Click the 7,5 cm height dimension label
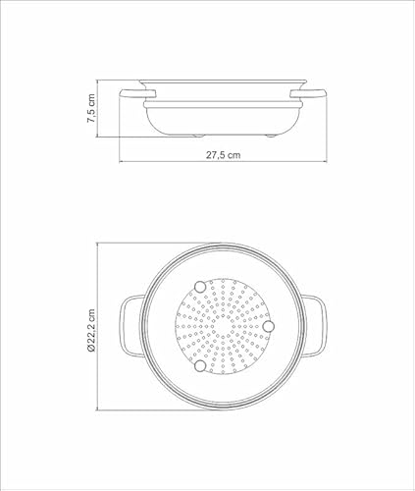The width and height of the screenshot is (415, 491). pyautogui.click(x=90, y=109)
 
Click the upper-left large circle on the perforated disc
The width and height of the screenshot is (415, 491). pyautogui.click(x=201, y=286)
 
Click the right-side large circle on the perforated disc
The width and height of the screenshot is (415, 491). pyautogui.click(x=271, y=326)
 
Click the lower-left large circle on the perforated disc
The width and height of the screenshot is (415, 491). pyautogui.click(x=201, y=366)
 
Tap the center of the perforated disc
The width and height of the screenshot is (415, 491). pyautogui.click(x=224, y=326)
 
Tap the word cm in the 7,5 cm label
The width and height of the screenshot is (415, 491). pyautogui.click(x=90, y=100)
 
